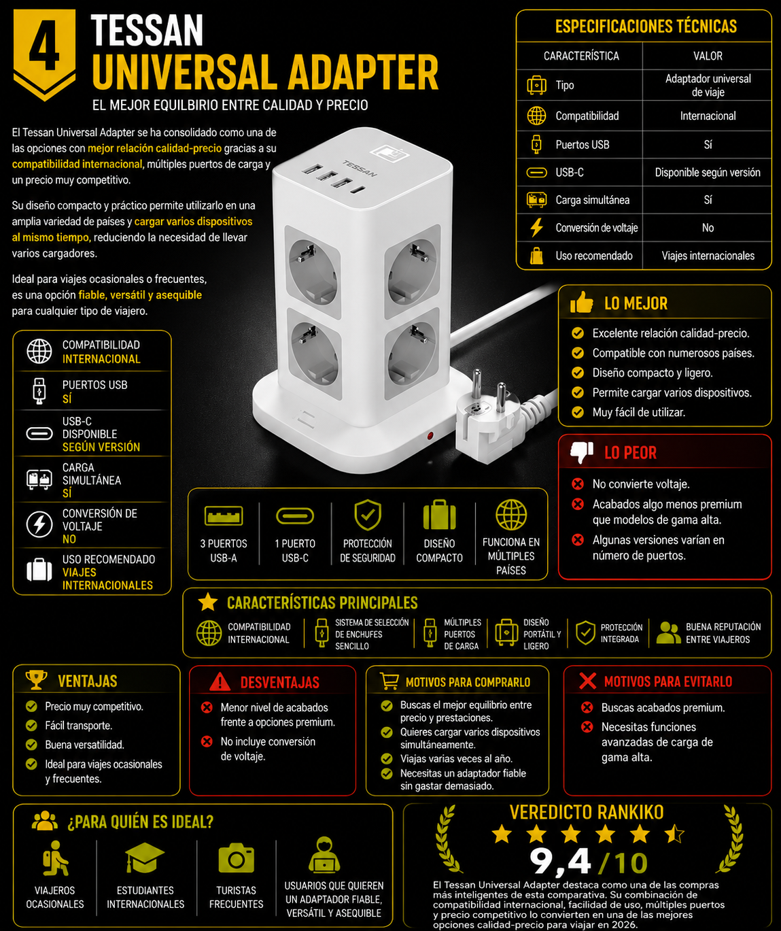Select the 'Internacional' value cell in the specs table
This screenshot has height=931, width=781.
click(x=708, y=116)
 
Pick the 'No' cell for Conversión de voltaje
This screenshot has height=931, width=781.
click(x=708, y=228)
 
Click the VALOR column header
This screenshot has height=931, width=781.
click(x=708, y=56)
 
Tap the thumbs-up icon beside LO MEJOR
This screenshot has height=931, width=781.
click(x=581, y=303)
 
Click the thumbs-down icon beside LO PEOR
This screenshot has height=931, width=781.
click(x=581, y=452)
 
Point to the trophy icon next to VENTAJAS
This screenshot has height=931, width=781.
click(x=36, y=680)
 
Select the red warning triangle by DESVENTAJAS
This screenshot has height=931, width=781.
click(x=220, y=681)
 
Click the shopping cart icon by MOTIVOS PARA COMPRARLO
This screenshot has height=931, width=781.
click(x=389, y=681)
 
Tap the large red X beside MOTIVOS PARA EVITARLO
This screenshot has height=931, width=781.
click(x=587, y=681)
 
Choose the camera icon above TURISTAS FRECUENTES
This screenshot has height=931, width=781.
click(x=237, y=858)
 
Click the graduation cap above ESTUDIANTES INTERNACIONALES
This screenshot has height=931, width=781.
click(x=144, y=857)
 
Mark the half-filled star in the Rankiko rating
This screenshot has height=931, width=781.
click(x=674, y=834)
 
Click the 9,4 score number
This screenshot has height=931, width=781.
click(x=560, y=862)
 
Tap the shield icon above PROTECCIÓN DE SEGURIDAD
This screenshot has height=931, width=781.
click(x=368, y=515)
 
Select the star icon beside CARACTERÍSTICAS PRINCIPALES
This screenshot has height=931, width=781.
click(x=208, y=602)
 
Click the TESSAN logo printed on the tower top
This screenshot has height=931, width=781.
click(x=360, y=168)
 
